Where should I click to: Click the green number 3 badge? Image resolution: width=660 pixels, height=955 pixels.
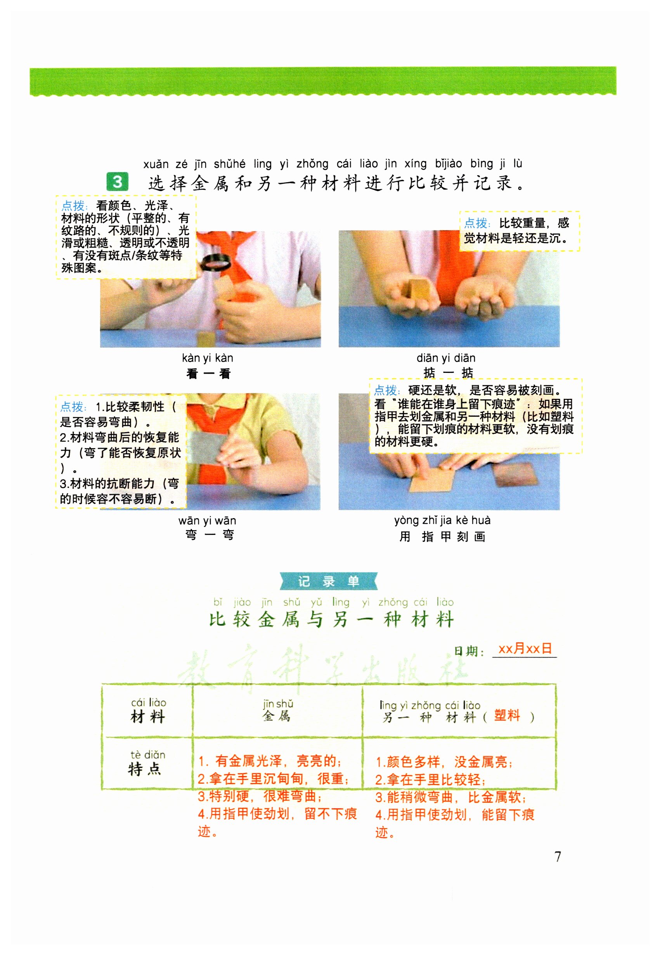[x=117, y=182]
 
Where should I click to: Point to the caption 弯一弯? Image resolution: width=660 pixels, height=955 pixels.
[x=210, y=535]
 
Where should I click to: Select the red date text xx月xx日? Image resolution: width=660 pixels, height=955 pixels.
[x=525, y=648]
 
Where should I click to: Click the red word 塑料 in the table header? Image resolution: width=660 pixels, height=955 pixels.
[x=507, y=715]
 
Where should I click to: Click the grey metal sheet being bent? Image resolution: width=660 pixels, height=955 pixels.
[x=207, y=448]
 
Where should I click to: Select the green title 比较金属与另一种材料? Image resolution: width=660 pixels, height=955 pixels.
[x=332, y=620]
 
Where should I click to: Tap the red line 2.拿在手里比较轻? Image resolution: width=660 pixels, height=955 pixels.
[x=430, y=780]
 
